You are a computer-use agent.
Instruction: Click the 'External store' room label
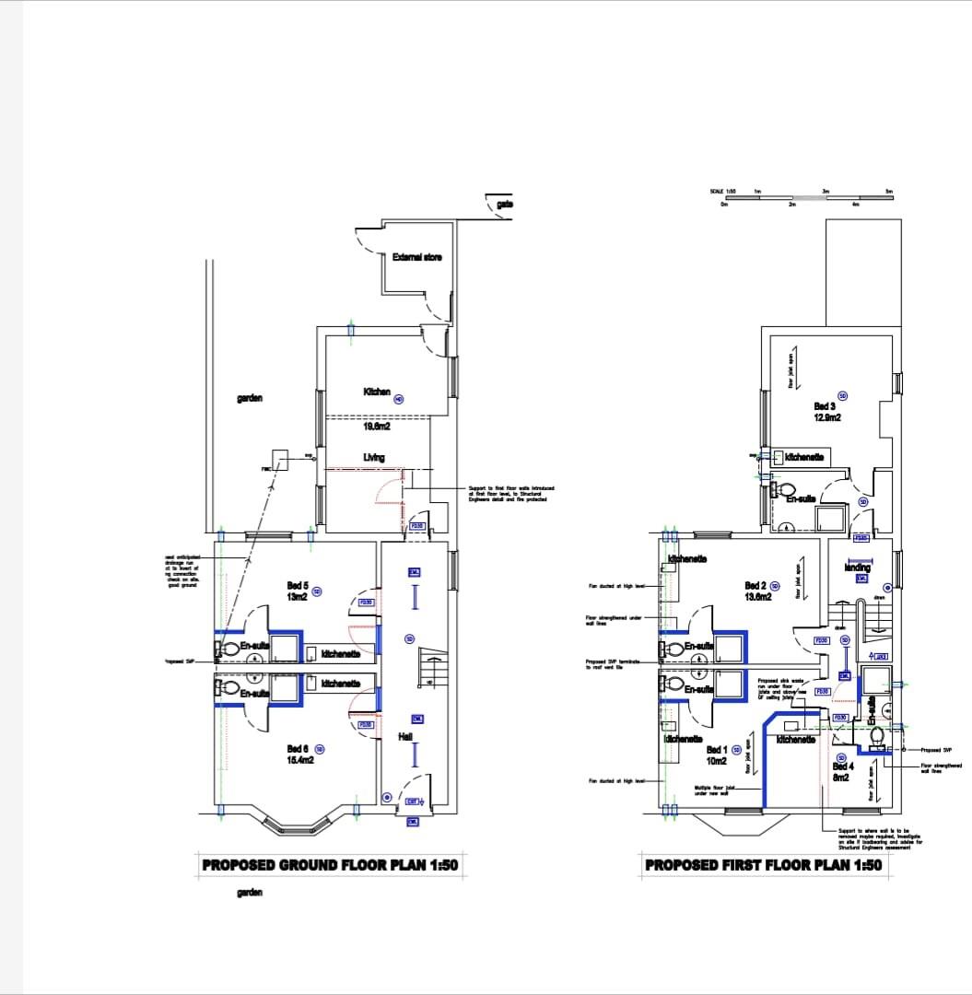(416, 257)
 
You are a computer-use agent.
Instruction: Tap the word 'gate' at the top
(505, 205)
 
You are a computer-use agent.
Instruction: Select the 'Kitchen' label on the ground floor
(377, 392)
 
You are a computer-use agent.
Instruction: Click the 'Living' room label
(373, 457)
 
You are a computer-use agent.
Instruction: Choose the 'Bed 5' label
(298, 585)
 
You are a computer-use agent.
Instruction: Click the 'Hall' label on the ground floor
(405, 737)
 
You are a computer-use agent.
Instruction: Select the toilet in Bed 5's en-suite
(229, 649)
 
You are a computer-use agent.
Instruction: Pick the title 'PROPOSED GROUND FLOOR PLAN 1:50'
(330, 865)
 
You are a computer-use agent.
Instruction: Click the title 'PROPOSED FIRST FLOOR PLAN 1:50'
(763, 865)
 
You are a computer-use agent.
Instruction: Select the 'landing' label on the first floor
(857, 568)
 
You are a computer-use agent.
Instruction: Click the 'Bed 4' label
(841, 767)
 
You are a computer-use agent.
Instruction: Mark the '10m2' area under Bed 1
(716, 762)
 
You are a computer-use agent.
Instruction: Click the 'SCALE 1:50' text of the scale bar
(722, 191)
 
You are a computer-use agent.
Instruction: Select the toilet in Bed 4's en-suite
(877, 736)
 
